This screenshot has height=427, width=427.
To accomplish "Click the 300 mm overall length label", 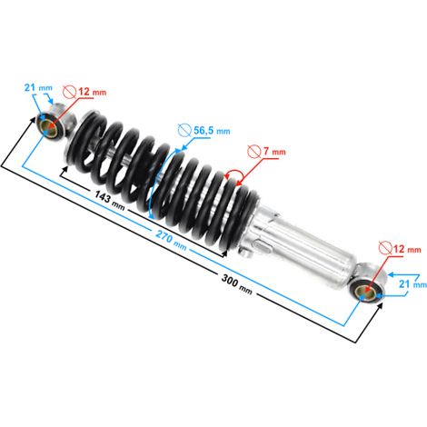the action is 236,284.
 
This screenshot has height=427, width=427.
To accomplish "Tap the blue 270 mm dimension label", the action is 171,239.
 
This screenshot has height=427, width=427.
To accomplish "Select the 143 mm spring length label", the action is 110,200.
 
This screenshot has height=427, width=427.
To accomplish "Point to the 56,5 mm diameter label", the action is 212,131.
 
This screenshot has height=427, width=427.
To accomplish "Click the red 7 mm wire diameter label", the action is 274,151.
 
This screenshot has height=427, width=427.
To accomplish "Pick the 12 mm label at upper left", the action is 93,92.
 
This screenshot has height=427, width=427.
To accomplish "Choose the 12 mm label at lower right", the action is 407,249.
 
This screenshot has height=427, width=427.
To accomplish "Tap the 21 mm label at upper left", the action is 38,88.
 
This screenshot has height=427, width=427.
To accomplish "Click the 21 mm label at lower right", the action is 412,284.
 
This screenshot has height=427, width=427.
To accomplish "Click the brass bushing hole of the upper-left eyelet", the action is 47,125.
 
